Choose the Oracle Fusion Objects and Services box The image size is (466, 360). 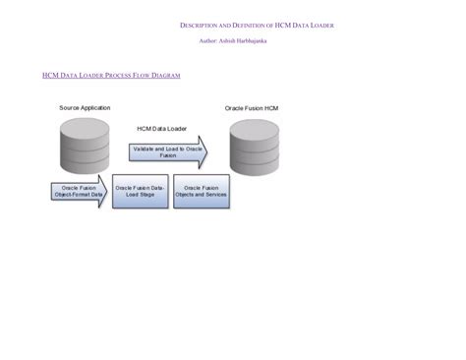click(202, 191)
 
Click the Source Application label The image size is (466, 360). click(85, 107)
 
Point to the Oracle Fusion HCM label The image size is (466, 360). click(252, 107)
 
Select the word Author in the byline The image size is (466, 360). click(208, 41)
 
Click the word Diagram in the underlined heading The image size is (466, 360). click(165, 76)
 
